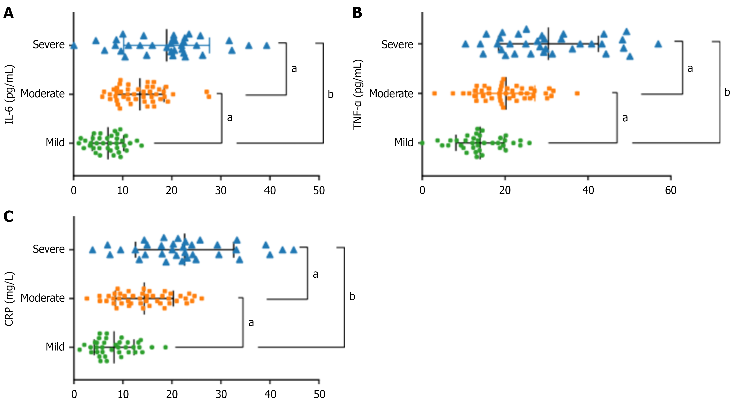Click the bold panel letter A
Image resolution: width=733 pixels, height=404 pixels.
(9, 13)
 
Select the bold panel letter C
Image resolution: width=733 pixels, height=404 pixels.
(9, 217)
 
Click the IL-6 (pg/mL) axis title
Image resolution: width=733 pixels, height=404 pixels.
(9, 94)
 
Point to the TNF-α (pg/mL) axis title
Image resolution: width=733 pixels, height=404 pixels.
(358, 94)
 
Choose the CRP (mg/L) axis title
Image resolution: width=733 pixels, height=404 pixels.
(9, 299)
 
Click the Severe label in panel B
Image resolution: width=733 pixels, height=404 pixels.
(397, 45)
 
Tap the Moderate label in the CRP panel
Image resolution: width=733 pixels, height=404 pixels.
(43, 298)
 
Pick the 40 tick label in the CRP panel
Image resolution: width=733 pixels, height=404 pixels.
(270, 394)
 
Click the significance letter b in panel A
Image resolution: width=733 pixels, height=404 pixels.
(330, 94)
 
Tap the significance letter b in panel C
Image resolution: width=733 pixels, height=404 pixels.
(352, 297)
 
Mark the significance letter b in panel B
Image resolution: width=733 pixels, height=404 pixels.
(727, 92)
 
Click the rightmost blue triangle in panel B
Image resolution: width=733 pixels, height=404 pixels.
(658, 44)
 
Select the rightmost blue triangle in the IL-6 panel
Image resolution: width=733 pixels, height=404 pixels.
(267, 45)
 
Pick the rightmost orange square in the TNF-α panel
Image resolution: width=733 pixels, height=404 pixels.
(577, 93)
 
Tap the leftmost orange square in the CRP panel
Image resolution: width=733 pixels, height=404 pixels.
(87, 298)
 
